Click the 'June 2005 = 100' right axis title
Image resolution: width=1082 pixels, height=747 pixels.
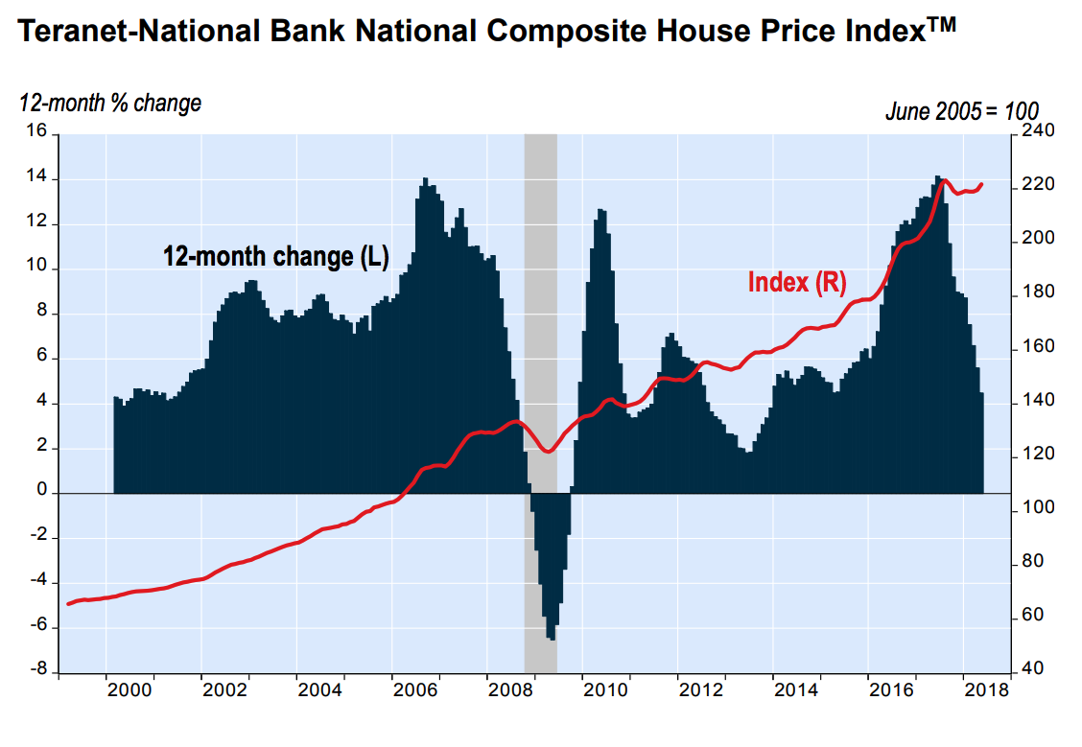pyautogui.click(x=961, y=111)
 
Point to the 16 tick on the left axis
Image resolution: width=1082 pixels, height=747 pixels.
pyautogui.click(x=35, y=132)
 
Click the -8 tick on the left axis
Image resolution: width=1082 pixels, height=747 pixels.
pyautogui.click(x=35, y=670)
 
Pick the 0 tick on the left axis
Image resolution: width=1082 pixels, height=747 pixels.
pyautogui.click(x=41, y=491)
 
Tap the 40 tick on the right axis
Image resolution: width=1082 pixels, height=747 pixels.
pyautogui.click(x=1032, y=669)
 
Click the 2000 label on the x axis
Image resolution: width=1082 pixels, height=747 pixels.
pyautogui.click(x=129, y=689)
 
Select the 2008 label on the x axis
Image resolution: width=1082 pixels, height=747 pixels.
pyautogui.click(x=508, y=689)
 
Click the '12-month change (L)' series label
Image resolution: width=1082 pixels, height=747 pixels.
pyautogui.click(x=274, y=257)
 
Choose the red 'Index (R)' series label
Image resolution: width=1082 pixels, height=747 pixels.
pyautogui.click(x=796, y=282)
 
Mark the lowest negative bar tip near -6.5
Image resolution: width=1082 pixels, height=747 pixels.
pyautogui.click(x=553, y=639)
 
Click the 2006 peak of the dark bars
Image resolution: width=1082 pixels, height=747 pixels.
pyautogui.click(x=425, y=179)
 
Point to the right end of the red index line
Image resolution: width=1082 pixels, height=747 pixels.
pyautogui.click(x=981, y=184)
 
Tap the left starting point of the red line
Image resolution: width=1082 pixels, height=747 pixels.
pyautogui.click(x=68, y=603)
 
